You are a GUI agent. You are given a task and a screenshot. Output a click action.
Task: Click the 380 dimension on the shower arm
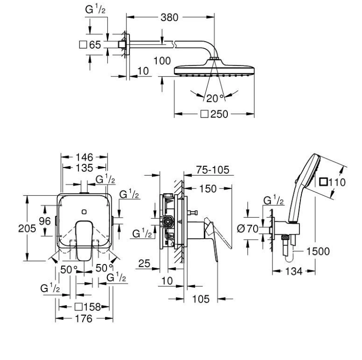pos(170,18)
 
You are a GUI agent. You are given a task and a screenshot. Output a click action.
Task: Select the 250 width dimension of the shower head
pos(214,114)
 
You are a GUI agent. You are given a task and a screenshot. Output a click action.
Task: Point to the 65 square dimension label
pos(90,45)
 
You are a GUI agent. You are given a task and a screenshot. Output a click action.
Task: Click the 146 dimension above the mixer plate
pos(85,158)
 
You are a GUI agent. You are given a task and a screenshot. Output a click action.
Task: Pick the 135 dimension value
pos(85,168)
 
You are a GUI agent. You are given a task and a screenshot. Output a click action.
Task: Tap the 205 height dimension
pos(27,228)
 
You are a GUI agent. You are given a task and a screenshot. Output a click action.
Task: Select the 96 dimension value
pos(45,221)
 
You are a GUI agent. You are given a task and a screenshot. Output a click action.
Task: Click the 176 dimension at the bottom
pos(84,318)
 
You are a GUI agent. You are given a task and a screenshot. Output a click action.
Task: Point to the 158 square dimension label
pos(88,307)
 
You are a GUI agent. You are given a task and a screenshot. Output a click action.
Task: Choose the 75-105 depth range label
pos(213,170)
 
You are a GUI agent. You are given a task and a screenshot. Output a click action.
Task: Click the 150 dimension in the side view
pos(208,189)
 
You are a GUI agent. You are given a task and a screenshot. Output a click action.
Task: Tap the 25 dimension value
pos(144,263)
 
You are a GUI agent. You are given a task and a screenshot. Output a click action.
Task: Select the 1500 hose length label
pos(318,251)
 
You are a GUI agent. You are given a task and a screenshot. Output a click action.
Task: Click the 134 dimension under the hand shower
pos(294,271)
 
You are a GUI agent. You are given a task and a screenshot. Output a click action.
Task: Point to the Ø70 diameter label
pos(248,229)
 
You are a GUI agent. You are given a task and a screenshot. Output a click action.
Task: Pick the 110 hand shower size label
pos(332,182)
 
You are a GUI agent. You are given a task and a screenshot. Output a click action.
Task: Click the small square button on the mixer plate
pos(84,212)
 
